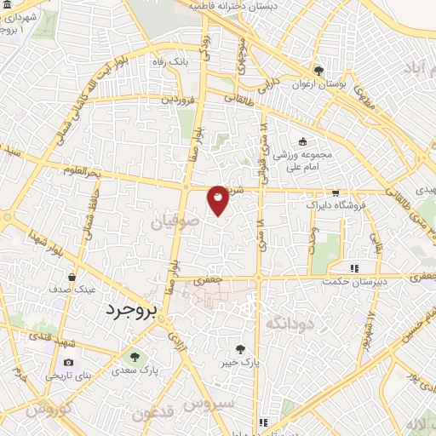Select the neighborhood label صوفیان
click(173, 222)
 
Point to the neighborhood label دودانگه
click(290, 324)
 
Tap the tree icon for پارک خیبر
click(242, 348)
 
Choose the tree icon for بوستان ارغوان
click(318, 71)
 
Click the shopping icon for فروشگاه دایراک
click(336, 192)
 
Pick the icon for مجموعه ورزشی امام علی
click(301, 142)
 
